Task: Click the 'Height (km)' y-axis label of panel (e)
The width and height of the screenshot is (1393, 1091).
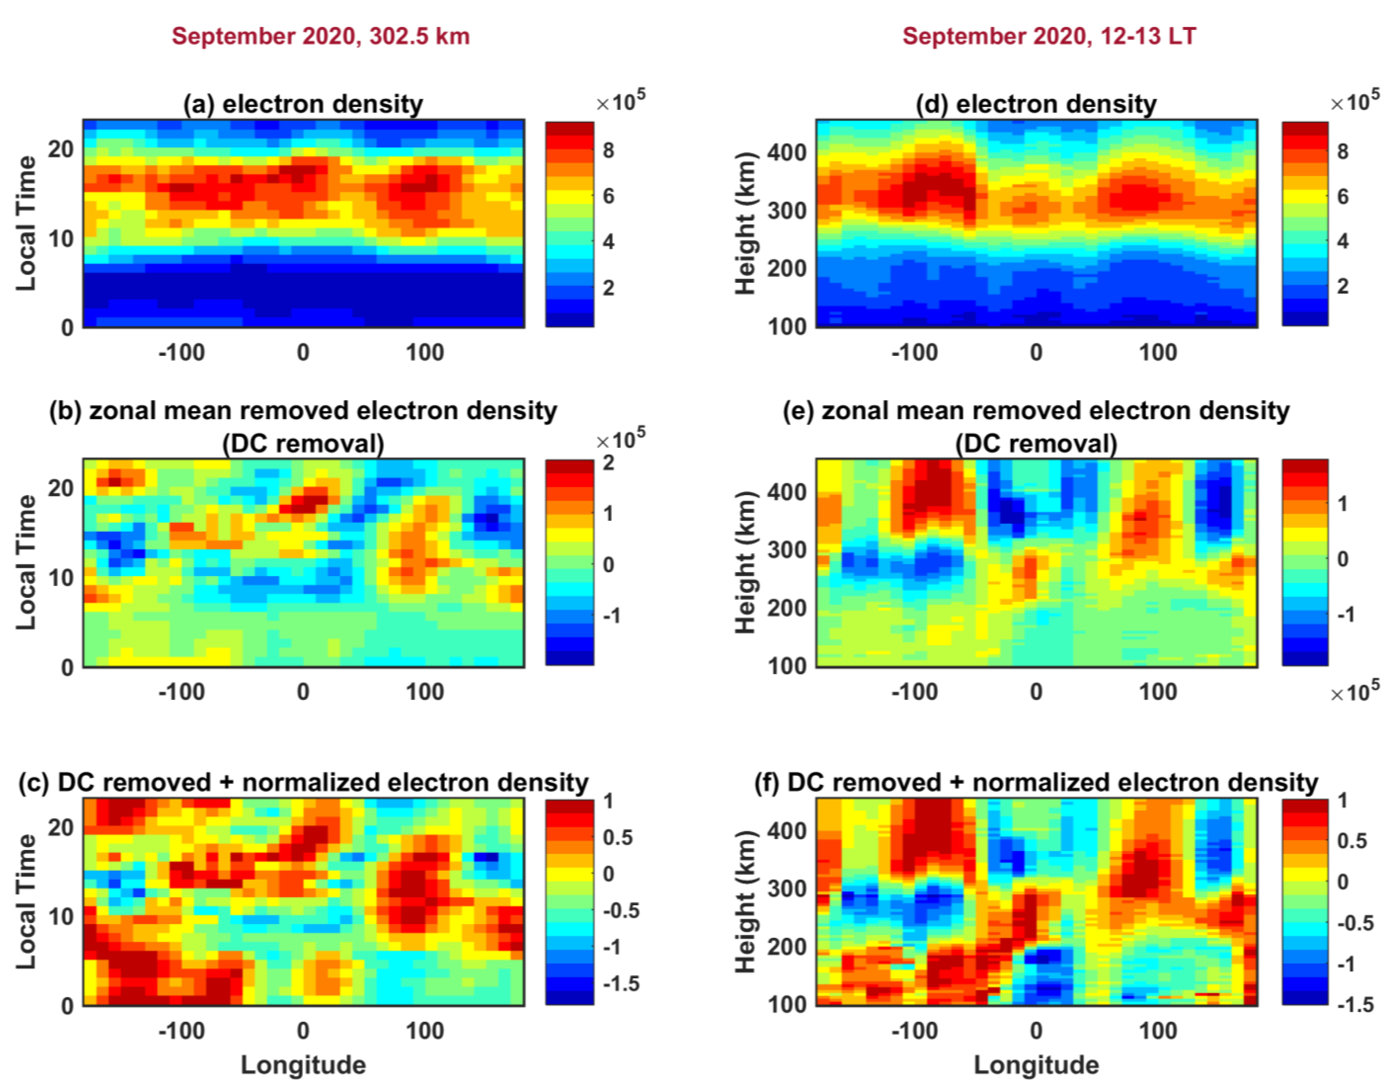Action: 745,562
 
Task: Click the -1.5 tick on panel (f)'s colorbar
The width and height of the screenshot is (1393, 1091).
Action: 1354,1005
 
